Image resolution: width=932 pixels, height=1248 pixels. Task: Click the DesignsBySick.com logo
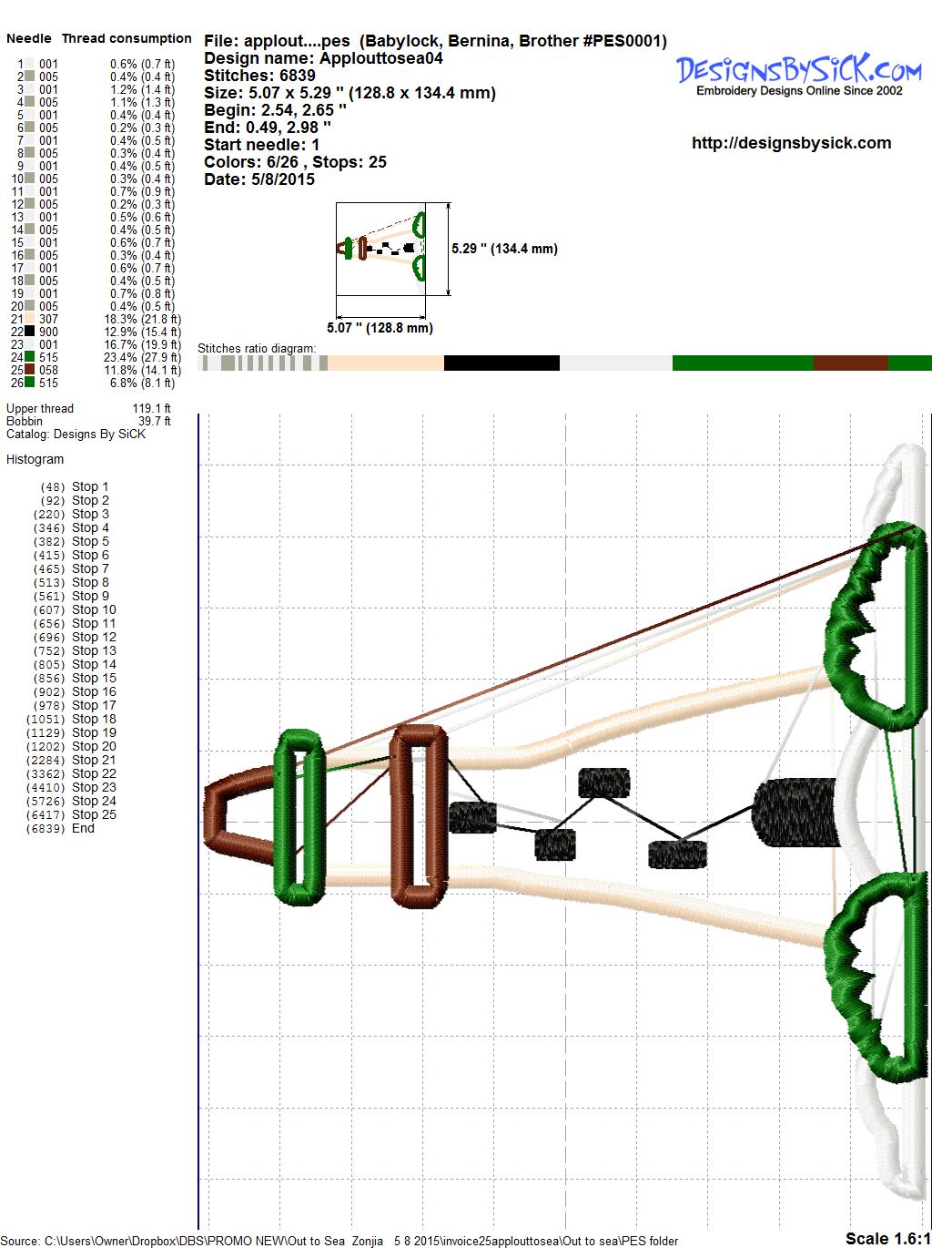798,75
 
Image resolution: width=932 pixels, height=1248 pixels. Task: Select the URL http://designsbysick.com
791,143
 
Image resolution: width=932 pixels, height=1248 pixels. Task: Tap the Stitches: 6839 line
259,76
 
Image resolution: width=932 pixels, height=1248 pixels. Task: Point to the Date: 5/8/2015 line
259,179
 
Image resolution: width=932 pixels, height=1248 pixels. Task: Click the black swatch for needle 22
29,332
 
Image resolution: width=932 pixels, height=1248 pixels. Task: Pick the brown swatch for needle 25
29,370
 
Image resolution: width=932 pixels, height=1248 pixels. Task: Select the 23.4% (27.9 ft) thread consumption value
142,358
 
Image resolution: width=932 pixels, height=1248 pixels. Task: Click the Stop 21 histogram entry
71,760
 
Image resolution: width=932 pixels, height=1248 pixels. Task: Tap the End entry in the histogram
60,828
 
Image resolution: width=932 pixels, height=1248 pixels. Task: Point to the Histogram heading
35,459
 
